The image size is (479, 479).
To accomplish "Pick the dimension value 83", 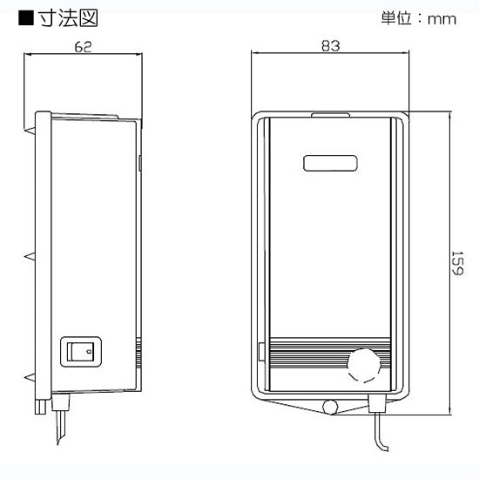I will pos(329,47).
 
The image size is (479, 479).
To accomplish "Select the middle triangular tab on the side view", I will pos(30,257).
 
